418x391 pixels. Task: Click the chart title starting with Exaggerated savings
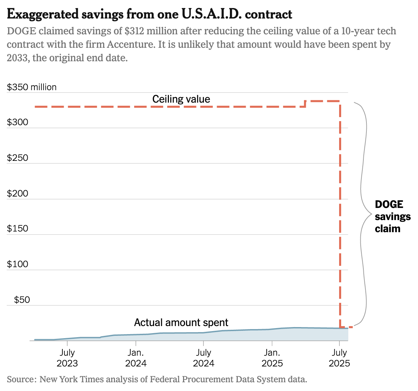(x=149, y=14)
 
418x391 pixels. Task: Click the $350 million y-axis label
(x=32, y=87)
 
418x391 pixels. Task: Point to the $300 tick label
(x=18, y=122)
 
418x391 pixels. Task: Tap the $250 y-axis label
(x=18, y=158)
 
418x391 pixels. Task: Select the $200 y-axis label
(x=18, y=193)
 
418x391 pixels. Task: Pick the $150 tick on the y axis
(x=18, y=228)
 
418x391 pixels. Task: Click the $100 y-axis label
(x=18, y=264)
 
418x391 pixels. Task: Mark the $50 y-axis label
(x=22, y=300)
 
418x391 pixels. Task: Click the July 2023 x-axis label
(x=67, y=358)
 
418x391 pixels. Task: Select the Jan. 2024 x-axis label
(x=136, y=358)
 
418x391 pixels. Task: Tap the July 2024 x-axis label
(x=204, y=358)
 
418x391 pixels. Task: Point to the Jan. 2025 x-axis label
(x=272, y=358)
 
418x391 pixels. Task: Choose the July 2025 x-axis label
(x=339, y=358)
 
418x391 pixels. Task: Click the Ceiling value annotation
(x=181, y=99)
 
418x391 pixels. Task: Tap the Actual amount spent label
(x=181, y=322)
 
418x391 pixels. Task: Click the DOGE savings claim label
(x=393, y=216)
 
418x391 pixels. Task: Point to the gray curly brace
(x=363, y=214)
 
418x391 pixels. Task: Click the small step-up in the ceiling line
(x=305, y=103)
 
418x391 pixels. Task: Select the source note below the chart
(x=157, y=379)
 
